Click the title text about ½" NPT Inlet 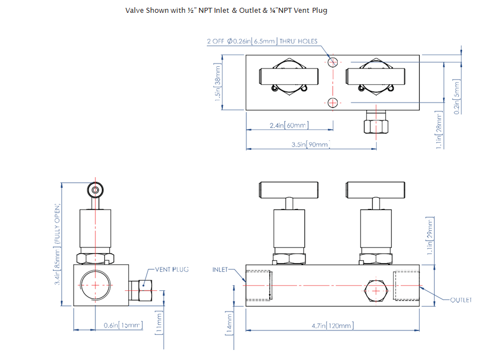click(226, 11)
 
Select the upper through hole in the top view click(333, 62)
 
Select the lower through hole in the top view click(333, 102)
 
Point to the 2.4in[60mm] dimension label click(289, 126)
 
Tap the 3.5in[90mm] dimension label click(311, 145)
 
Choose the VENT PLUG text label click(172, 269)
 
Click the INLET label click(221, 270)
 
